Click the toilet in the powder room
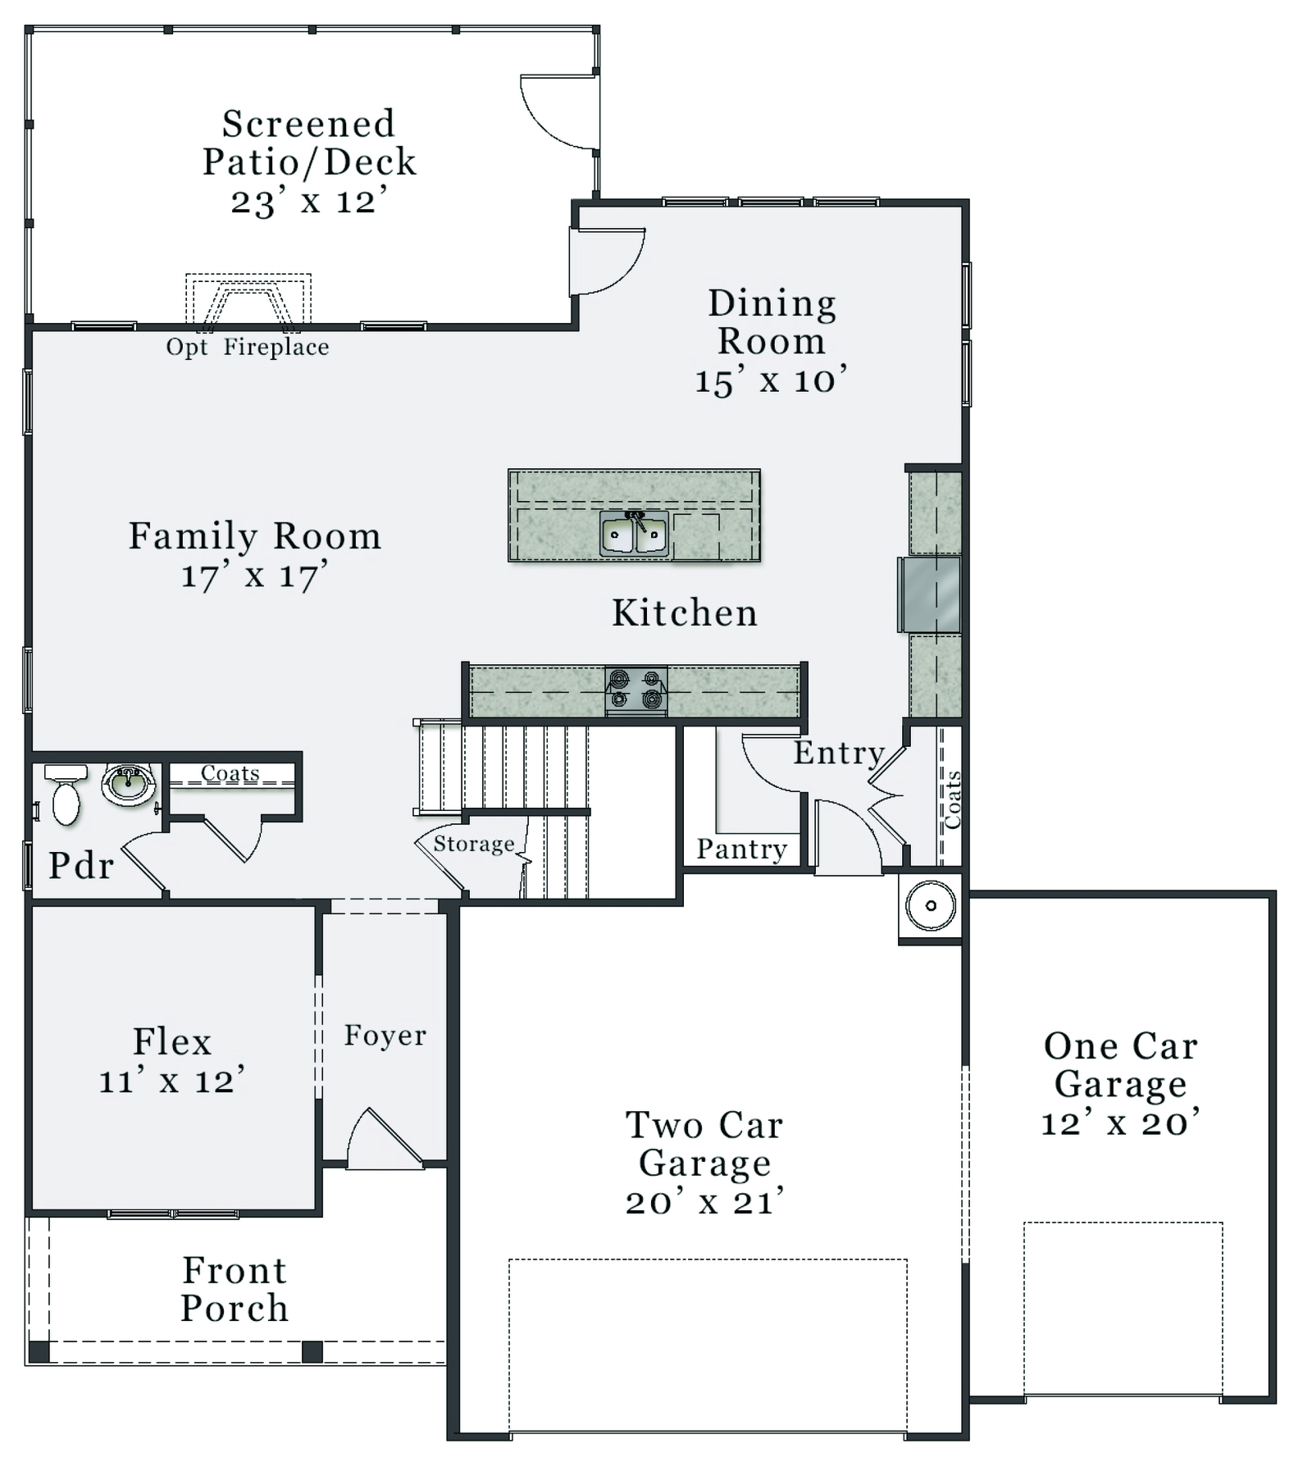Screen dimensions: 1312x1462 click(66, 794)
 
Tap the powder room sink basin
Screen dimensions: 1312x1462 click(128, 785)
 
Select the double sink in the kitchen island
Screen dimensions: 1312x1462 click(633, 534)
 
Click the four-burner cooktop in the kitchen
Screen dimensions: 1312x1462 click(635, 690)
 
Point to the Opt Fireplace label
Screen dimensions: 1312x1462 click(248, 348)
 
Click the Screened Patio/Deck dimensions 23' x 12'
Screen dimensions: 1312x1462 click(309, 201)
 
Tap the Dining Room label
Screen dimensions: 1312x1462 click(772, 322)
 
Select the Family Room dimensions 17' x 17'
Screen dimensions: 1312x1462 click(254, 576)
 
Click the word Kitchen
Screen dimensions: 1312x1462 click(685, 613)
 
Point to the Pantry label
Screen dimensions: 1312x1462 click(742, 849)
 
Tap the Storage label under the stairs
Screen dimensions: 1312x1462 click(474, 845)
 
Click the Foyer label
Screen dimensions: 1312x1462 click(385, 1036)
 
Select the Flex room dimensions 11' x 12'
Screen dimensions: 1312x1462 click(172, 1081)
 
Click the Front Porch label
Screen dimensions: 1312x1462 click(235, 1290)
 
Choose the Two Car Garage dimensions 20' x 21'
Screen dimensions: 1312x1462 click(705, 1202)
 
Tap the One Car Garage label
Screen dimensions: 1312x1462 click(1121, 1065)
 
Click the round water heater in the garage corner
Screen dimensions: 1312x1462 click(931, 906)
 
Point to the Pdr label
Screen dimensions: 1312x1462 click(81, 866)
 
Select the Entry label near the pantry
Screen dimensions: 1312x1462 click(838, 753)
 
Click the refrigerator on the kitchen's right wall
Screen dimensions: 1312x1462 click(929, 594)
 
